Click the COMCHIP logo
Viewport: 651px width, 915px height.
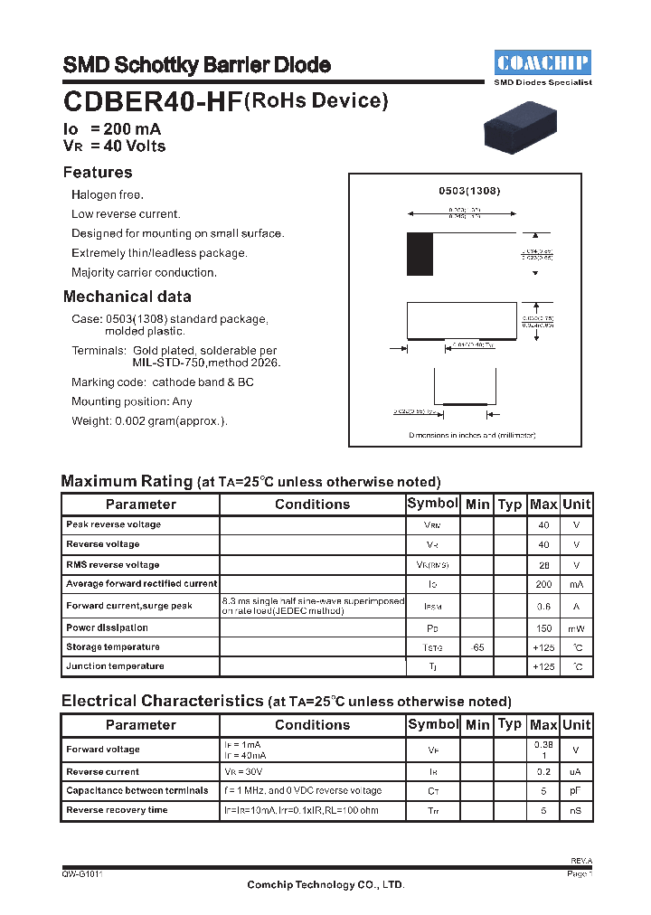542,62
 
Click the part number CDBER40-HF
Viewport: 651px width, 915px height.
153,102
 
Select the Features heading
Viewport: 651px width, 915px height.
98,173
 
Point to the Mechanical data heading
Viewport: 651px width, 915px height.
127,297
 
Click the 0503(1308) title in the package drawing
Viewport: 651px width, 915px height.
469,192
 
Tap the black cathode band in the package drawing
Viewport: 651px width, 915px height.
420,254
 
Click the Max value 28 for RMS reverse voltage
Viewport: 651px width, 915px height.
543,565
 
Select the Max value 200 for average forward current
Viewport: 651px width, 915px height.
543,585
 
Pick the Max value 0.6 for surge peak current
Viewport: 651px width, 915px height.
543,607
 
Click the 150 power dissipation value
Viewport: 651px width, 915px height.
543,627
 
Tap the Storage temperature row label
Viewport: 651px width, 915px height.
113,647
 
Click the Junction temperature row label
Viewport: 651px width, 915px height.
115,666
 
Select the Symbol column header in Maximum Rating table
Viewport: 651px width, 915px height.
433,504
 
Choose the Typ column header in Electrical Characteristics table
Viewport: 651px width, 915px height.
510,723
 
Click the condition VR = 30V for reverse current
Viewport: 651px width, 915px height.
244,772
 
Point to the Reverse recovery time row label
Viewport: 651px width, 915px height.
117,810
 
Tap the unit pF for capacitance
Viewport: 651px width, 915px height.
576,791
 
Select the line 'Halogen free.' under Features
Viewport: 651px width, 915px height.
108,195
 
